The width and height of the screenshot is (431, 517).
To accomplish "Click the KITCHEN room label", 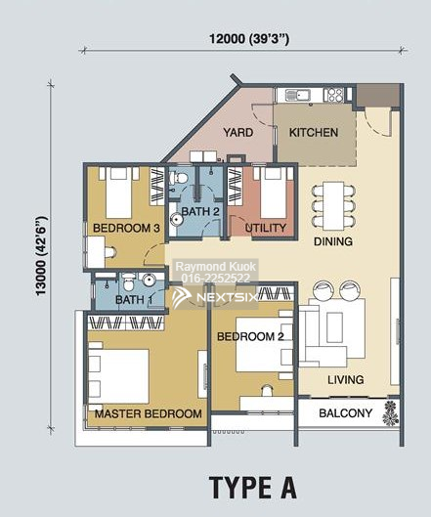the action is [x=314, y=133].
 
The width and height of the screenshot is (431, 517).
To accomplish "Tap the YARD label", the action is [x=238, y=133].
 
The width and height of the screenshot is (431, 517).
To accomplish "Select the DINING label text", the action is [x=333, y=241].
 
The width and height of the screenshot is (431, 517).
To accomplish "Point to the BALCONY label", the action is [x=346, y=413].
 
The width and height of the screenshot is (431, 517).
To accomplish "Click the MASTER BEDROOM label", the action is [x=148, y=413].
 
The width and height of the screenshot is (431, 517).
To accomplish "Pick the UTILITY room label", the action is [x=266, y=228].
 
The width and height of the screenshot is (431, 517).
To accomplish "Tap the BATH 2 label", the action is [x=200, y=211].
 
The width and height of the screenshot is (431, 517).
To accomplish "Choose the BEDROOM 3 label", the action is [x=126, y=228].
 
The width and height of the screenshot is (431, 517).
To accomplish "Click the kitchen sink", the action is [x=298, y=95].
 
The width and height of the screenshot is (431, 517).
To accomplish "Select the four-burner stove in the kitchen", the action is [x=333, y=95].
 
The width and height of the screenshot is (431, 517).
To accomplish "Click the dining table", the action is [x=333, y=206].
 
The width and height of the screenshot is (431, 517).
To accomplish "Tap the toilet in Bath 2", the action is [x=178, y=179].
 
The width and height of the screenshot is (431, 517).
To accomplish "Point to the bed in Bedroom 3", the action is [x=118, y=193].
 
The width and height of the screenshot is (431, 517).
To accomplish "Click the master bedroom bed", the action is [x=118, y=376].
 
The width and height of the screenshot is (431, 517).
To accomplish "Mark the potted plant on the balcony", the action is [x=391, y=413].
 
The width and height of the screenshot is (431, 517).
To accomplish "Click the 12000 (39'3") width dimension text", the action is [x=249, y=39].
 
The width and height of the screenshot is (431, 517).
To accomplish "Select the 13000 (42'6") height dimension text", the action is [x=42, y=256].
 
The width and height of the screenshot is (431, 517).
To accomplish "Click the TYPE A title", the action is [x=253, y=488].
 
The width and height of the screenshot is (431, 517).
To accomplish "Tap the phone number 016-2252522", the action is [x=216, y=279].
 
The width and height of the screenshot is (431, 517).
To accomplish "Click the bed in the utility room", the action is [x=273, y=193].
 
